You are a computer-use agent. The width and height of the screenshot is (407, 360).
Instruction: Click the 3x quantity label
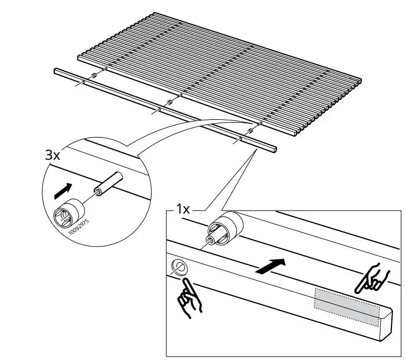pyautogui.click(x=53, y=155)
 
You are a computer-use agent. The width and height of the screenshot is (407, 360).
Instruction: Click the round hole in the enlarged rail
pyautogui.click(x=179, y=267)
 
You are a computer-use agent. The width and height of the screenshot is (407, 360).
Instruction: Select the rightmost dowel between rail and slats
pyautogui.click(x=251, y=132)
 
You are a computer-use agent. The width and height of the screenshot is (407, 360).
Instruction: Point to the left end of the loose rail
pyautogui.click(x=56, y=71)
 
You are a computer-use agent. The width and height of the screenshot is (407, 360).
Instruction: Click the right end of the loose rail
pyautogui.click(x=273, y=149)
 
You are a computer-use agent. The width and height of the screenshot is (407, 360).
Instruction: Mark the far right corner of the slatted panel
pyautogui.click(x=361, y=81)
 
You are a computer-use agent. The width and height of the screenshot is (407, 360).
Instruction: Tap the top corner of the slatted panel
pyautogui.click(x=157, y=13)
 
